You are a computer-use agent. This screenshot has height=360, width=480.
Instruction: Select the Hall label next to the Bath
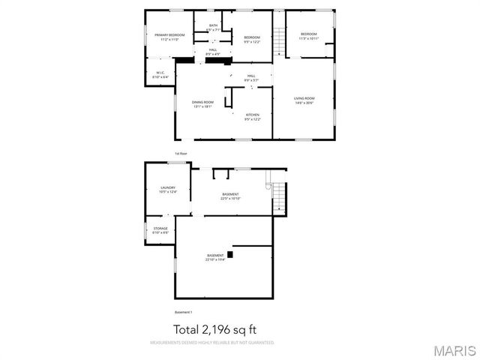click(213, 52)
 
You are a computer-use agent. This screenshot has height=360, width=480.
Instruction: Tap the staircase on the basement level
click(278, 197)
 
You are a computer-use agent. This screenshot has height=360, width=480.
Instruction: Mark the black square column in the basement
click(230, 254)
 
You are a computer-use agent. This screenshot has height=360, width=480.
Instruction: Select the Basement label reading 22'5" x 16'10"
click(230, 196)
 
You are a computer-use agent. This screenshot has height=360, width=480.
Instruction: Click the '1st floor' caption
click(181, 153)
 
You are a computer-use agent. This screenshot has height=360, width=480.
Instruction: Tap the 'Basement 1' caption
click(184, 312)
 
